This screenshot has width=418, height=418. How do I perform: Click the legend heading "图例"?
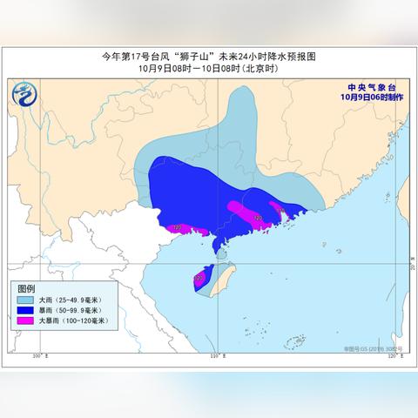(x=26, y=288)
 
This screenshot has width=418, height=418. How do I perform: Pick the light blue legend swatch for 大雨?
(x=25, y=300)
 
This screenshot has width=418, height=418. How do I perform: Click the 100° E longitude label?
(x=38, y=356)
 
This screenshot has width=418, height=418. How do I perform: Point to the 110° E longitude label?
(x=214, y=356)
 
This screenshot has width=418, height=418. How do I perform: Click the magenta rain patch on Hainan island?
(x=199, y=279)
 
